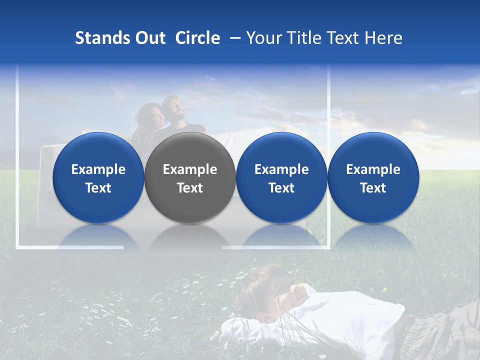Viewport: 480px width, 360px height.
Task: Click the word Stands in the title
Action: pyautogui.click(x=101, y=38)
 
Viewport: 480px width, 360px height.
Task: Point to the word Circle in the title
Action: pyautogui.click(x=197, y=38)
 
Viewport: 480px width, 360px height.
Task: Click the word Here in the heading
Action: pyautogui.click(x=383, y=38)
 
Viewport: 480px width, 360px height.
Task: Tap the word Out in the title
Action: pyautogui.click(x=149, y=38)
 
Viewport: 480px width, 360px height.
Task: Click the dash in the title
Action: pyautogui.click(x=233, y=38)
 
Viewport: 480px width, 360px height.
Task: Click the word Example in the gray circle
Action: pyautogui.click(x=190, y=169)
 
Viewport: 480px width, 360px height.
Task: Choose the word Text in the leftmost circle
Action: pyautogui.click(x=98, y=188)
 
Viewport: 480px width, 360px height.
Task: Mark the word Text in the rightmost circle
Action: pyautogui.click(x=373, y=188)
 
